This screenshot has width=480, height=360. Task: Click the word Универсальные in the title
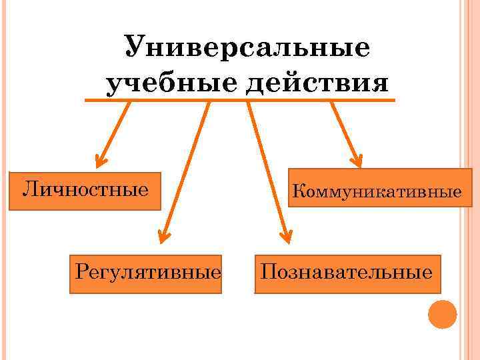(x=247, y=49)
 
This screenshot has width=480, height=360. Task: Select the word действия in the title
(x=317, y=84)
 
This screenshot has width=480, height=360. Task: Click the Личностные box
(x=87, y=191)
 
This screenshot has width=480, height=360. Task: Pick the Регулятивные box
(x=145, y=273)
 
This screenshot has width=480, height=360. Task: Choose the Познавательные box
(x=347, y=273)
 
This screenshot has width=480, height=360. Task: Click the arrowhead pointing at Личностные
(x=101, y=160)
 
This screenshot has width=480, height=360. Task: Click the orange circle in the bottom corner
(x=442, y=314)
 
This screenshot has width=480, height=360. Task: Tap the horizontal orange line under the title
(x=240, y=101)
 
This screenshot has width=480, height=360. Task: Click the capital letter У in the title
(x=133, y=48)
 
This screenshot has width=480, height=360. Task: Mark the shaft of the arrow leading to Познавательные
(x=267, y=167)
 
